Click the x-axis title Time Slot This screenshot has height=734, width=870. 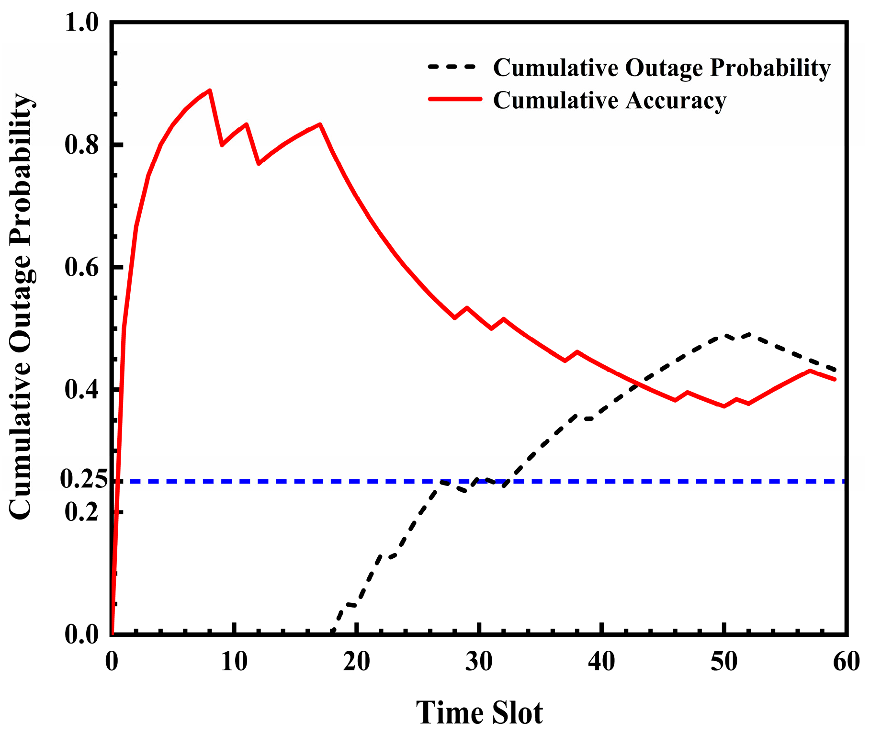point(479,712)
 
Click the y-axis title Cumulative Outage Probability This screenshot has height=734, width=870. point(21,306)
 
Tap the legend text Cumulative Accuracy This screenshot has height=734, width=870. point(610,100)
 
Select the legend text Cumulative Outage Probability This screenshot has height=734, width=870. point(662,68)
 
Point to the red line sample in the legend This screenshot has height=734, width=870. point(455,99)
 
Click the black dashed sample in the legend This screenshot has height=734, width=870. point(452,67)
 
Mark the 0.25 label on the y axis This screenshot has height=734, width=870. point(83,479)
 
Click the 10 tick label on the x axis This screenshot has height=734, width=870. point(234,662)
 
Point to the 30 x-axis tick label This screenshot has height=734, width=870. point(479,662)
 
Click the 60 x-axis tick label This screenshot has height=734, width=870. point(847,662)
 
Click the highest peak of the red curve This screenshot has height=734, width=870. point(210,90)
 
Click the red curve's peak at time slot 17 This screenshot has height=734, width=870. point(320,124)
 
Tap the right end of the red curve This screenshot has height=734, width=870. point(835,379)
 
